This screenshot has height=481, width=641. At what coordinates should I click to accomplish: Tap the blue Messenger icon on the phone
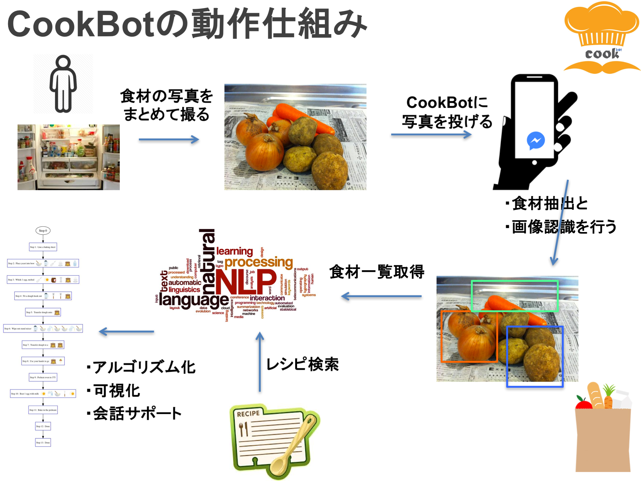(536, 141)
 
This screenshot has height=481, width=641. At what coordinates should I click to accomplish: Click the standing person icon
(63, 84)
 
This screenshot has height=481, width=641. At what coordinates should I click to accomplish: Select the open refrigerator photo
(69, 157)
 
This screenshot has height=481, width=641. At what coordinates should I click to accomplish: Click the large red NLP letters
(246, 282)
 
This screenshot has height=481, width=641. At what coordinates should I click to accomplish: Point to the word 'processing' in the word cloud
(259, 262)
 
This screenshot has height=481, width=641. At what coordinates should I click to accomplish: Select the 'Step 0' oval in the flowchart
(43, 231)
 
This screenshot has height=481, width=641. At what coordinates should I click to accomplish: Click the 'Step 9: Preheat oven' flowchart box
(43, 377)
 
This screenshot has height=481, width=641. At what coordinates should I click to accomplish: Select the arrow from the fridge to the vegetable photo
(169, 140)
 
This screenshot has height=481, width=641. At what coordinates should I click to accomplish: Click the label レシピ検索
(302, 365)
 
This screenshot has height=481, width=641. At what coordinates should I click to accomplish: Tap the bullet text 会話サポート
(137, 414)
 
